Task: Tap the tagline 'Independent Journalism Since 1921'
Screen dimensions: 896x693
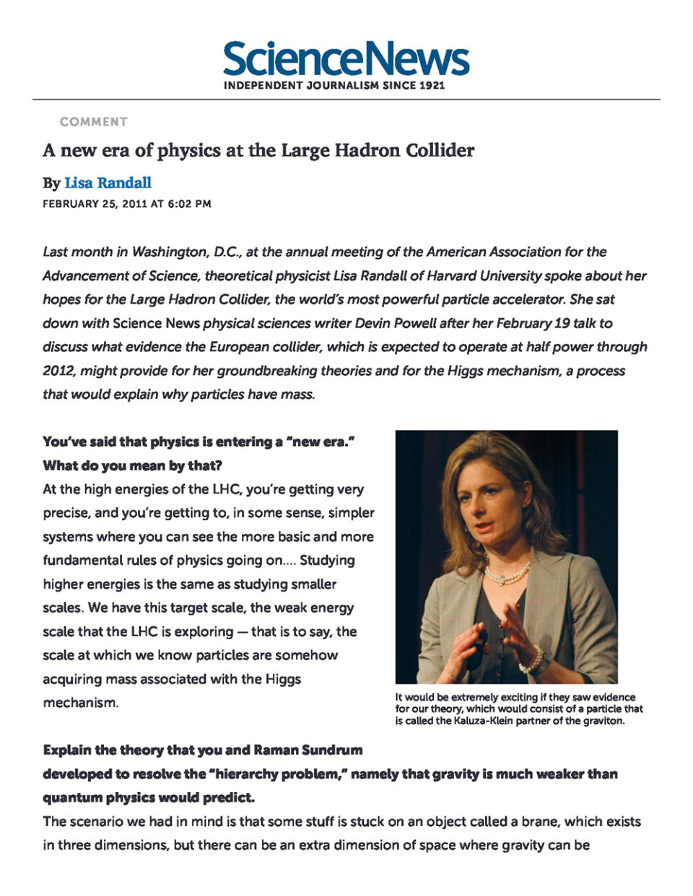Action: coord(334,86)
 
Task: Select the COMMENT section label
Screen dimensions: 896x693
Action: coord(94,122)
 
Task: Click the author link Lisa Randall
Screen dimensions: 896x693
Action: coord(108,183)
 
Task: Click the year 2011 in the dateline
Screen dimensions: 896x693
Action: coord(134,204)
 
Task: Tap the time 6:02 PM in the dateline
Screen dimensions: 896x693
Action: coord(189,204)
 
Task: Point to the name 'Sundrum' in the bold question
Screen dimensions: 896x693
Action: coord(331,750)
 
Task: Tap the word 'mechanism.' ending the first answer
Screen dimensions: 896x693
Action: coord(80,703)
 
